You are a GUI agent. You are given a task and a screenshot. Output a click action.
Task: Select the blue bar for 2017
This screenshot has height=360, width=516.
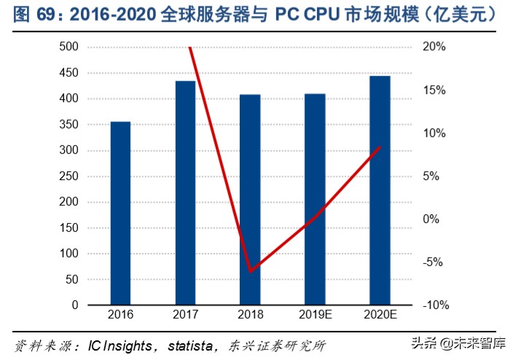tap(185, 192)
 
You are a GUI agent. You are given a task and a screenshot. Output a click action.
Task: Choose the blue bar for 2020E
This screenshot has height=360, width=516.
tap(380, 190)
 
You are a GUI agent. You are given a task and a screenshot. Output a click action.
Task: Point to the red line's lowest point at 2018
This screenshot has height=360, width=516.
tap(250, 271)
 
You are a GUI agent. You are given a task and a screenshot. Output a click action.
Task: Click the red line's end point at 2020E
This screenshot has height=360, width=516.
tap(380, 147)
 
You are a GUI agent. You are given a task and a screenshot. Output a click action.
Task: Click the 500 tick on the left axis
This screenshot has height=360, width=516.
tap(69, 47)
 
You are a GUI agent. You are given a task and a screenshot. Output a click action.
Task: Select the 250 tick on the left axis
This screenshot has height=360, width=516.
tap(69, 176)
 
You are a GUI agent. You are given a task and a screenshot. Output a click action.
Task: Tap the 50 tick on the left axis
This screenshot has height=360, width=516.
tap(72, 279)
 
